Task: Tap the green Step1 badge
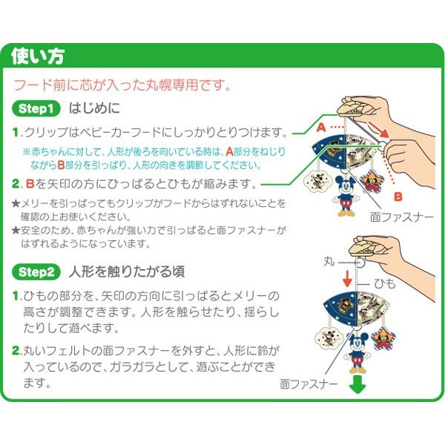click(x=36, y=109)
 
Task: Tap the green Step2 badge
click(x=36, y=271)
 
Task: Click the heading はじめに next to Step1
click(x=93, y=109)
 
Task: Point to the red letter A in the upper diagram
click(x=320, y=128)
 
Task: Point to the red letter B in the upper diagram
click(x=398, y=197)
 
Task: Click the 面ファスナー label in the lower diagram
click(x=309, y=384)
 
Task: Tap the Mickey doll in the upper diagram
click(x=346, y=195)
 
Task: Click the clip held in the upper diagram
click(x=355, y=109)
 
